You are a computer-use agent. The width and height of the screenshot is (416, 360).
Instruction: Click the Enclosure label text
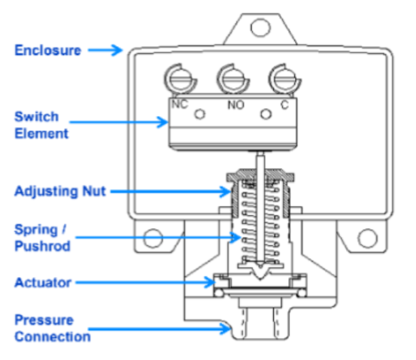[48, 50]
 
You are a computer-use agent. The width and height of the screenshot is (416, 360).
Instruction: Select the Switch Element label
[41, 125]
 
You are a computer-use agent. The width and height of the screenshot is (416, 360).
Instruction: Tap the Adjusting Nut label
[60, 192]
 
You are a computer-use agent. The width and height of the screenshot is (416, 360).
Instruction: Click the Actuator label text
[43, 281]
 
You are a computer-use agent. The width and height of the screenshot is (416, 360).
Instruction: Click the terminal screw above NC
[181, 79]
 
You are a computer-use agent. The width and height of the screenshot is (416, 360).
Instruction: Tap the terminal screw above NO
[231, 79]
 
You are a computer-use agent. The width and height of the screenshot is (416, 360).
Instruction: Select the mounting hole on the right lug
[368, 238]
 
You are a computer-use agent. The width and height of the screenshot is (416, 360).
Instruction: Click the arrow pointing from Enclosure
[105, 50]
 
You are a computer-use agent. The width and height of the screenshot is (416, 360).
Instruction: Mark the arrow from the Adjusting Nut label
[170, 192]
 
